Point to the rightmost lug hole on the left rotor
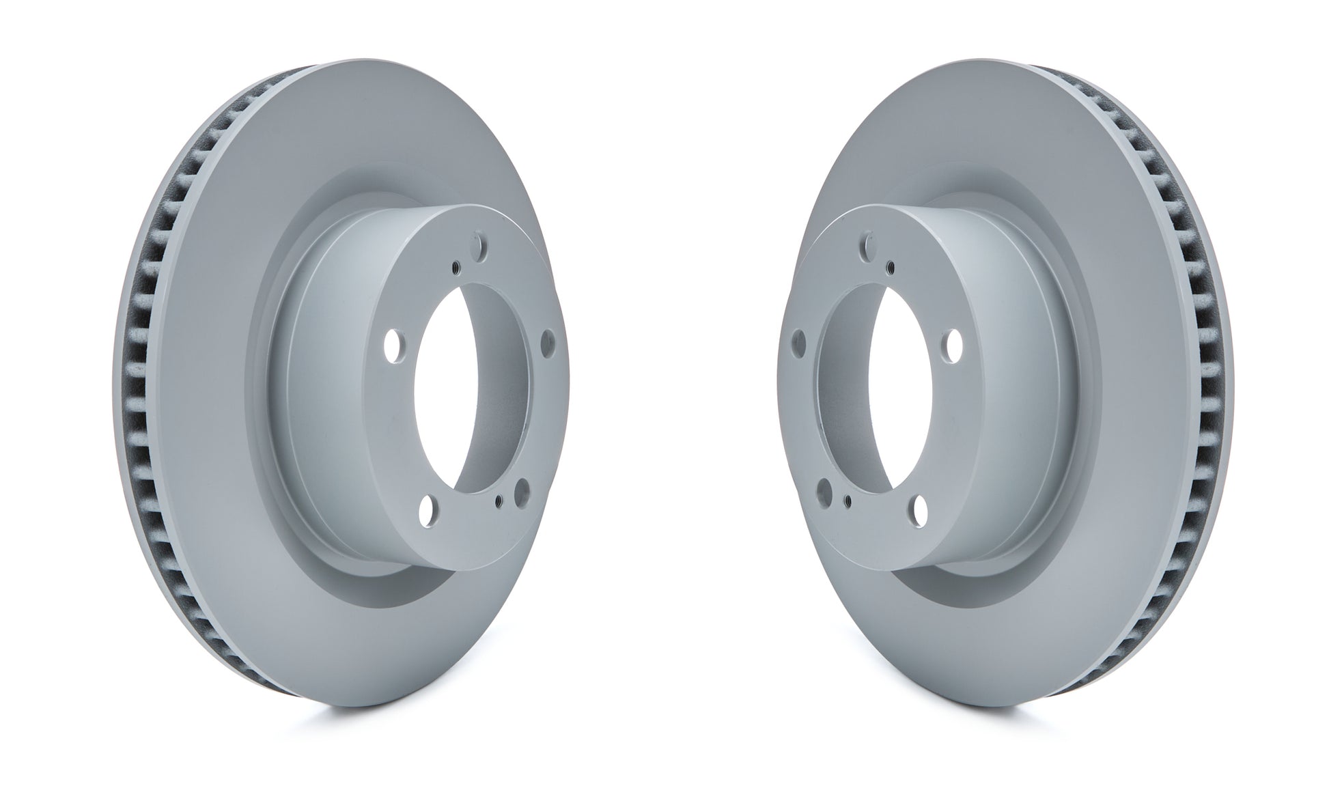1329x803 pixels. [x=547, y=339]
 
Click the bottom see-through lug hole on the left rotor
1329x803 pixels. [x=428, y=507]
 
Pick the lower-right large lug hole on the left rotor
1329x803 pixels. [x=523, y=490]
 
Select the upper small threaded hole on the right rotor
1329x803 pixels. [x=890, y=266]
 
